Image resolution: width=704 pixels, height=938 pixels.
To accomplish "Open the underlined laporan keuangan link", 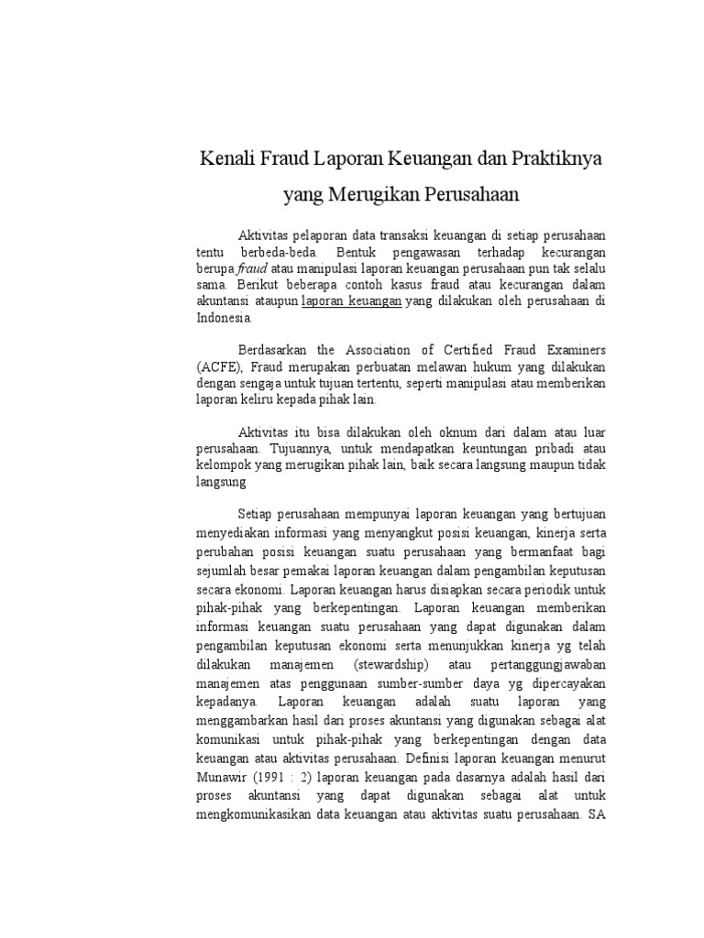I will (x=352, y=300).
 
